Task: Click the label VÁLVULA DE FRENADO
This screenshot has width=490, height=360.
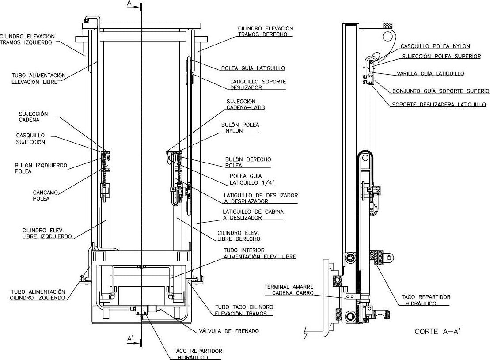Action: [229, 331]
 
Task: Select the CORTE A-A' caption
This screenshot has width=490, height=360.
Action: [437, 331]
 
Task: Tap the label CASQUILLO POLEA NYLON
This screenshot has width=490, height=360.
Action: [435, 46]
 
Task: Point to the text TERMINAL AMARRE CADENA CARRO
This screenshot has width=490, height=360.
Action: [289, 290]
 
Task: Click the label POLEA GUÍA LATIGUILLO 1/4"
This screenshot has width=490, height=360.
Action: [252, 179]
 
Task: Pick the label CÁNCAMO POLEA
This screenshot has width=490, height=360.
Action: [46, 195]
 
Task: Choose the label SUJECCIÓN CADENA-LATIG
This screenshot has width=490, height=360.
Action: [246, 104]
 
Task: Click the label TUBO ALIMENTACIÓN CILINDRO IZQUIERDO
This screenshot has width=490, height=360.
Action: [38, 295]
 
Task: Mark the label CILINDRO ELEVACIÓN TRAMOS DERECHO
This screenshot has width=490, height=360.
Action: [266, 31]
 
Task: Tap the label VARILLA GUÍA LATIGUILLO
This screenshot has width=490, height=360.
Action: [430, 74]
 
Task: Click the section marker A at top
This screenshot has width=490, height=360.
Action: [129, 4]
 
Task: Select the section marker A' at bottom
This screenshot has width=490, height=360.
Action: [131, 338]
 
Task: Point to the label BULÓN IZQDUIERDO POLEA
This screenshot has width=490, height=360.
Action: [41, 168]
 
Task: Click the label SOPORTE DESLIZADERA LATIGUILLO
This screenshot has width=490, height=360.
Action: [439, 105]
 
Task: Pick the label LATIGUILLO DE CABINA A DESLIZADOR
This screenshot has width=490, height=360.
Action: [253, 215]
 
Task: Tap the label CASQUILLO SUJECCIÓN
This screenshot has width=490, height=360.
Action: [30, 139]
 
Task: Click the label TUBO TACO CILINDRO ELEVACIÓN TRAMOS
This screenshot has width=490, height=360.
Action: [244, 311]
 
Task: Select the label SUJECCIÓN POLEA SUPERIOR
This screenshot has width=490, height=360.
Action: [441, 57]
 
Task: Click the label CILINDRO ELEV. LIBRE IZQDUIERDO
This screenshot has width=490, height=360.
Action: [47, 233]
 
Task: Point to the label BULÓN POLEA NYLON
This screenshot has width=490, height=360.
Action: [240, 128]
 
